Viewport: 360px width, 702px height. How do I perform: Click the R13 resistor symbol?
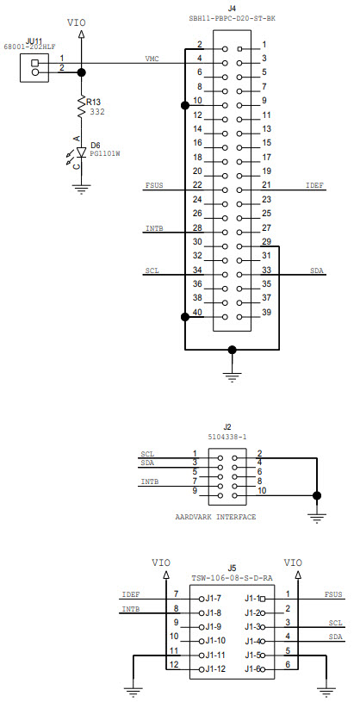tap(81, 107)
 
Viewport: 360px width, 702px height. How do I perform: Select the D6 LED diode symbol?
tap(81, 152)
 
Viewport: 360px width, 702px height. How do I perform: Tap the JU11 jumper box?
tap(35, 67)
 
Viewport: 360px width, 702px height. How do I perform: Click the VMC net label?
tap(152, 59)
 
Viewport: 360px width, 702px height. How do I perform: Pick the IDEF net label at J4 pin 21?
tap(314, 185)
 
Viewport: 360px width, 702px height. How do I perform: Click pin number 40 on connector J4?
tap(197, 312)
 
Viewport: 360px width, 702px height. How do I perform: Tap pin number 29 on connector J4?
tap(266, 241)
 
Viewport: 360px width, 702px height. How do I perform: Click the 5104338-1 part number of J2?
tap(228, 436)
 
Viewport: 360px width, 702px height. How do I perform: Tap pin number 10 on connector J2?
tap(262, 491)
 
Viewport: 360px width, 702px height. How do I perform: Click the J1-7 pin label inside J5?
tap(212, 598)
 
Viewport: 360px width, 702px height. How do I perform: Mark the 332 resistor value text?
tap(97, 112)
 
